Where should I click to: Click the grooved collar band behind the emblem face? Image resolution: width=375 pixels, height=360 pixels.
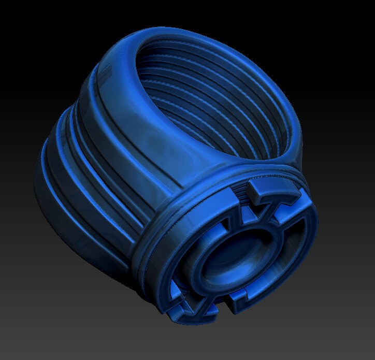[x=155, y=243]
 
